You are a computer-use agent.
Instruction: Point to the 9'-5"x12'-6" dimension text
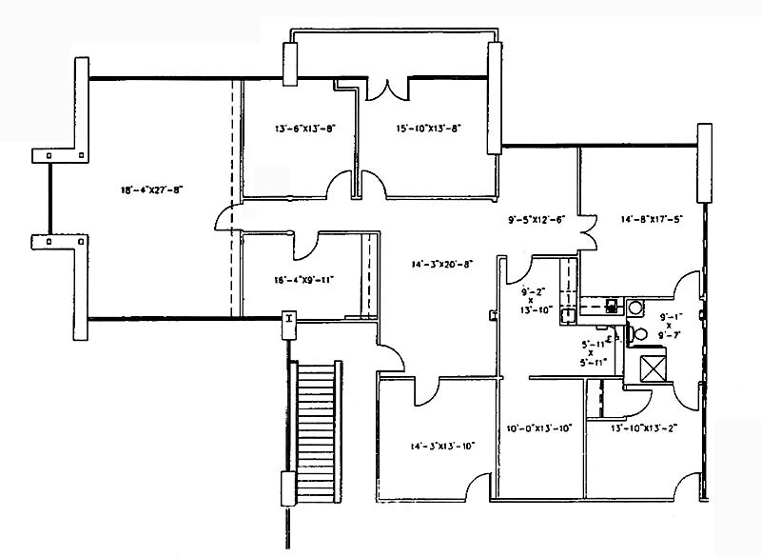pyautogui.click(x=537, y=219)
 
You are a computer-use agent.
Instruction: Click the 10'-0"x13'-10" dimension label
pyautogui.click(x=538, y=428)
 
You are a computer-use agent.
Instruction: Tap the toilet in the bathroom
pyautogui.click(x=640, y=333)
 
